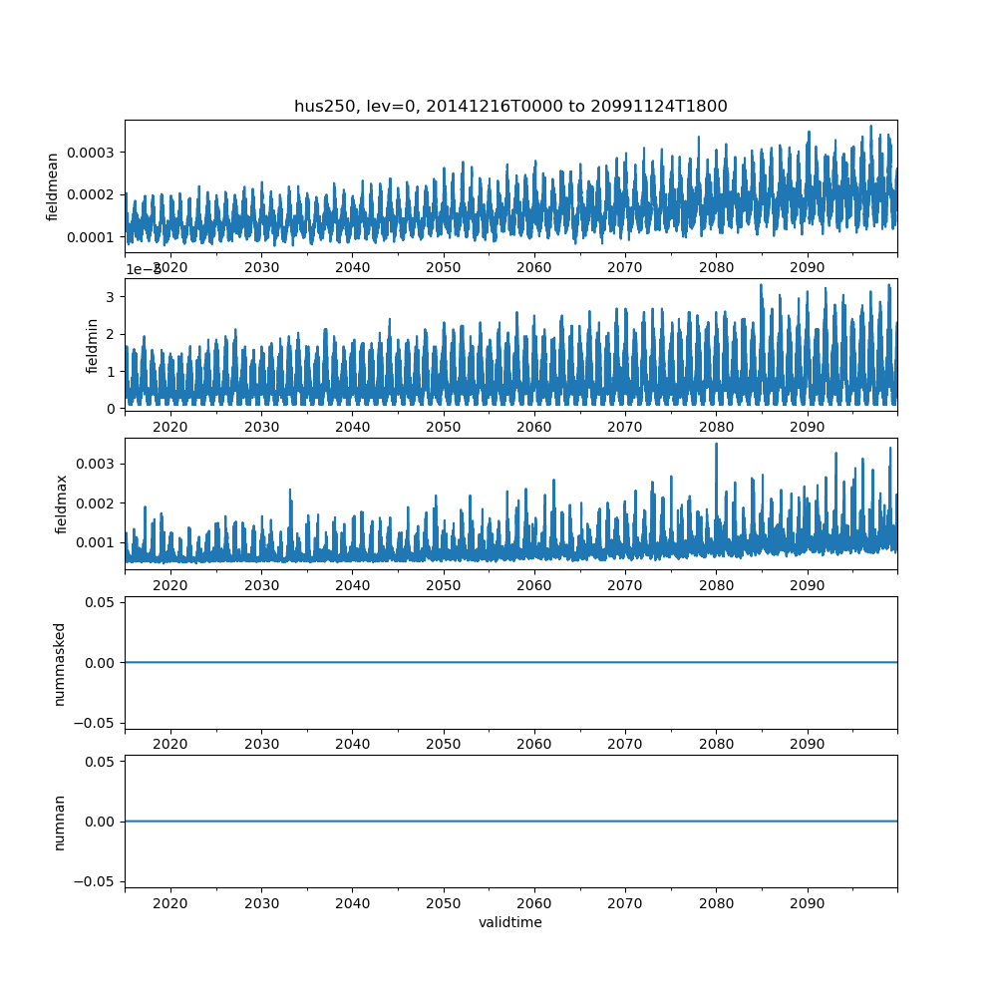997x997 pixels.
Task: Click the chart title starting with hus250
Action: point(510,106)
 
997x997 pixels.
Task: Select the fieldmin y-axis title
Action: point(92,345)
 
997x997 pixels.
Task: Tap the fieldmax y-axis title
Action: point(62,503)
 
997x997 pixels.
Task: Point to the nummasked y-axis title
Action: point(59,663)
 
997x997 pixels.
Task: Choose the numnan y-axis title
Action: point(59,822)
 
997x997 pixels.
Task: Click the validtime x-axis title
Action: point(510,922)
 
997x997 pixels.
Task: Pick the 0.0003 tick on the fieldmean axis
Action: point(92,153)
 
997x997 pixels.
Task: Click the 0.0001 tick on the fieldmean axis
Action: point(92,237)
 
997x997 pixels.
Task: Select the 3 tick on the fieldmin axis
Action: point(112,297)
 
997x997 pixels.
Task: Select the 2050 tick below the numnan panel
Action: point(444,902)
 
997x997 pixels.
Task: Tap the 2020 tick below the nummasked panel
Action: point(170,744)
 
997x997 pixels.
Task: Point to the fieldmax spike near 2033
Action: point(290,491)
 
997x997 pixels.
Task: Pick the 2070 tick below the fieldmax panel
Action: point(625,585)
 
